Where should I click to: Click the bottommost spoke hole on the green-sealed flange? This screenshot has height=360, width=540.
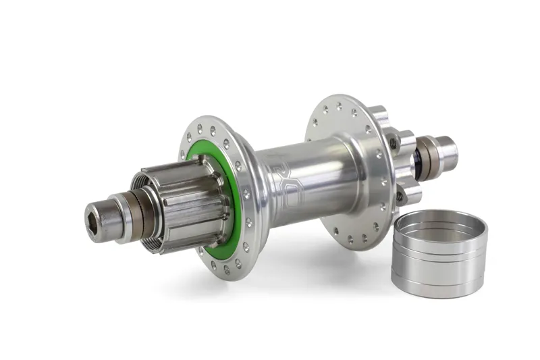[x=226, y=271]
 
